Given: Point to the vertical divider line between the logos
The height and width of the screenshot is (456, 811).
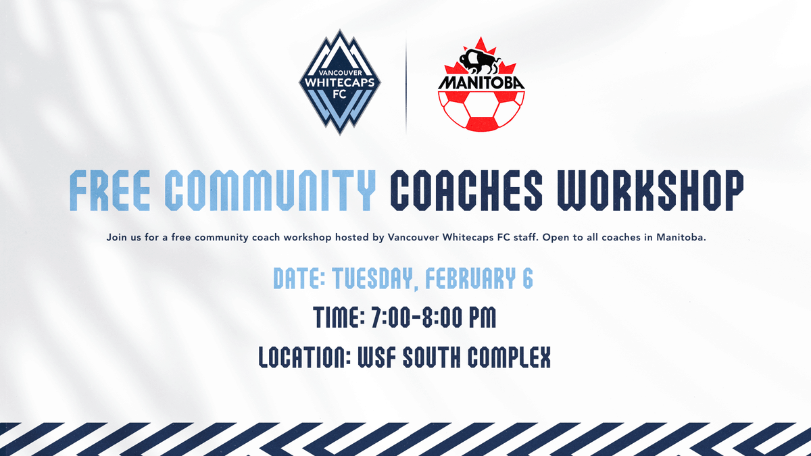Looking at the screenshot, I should click(x=407, y=84).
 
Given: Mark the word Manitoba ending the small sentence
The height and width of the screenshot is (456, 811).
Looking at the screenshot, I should click(x=681, y=238).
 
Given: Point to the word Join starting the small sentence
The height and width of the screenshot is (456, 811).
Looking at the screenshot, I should click(x=116, y=238).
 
